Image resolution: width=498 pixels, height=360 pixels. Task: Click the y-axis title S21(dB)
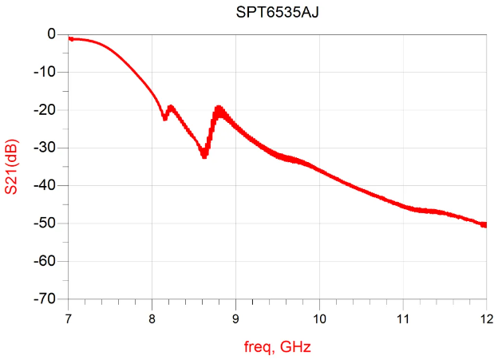point(11,166)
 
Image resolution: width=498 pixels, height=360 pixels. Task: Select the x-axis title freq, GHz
point(276,347)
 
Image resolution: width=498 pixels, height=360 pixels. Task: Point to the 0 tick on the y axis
point(50,34)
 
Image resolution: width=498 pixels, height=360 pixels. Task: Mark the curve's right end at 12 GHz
point(485,225)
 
